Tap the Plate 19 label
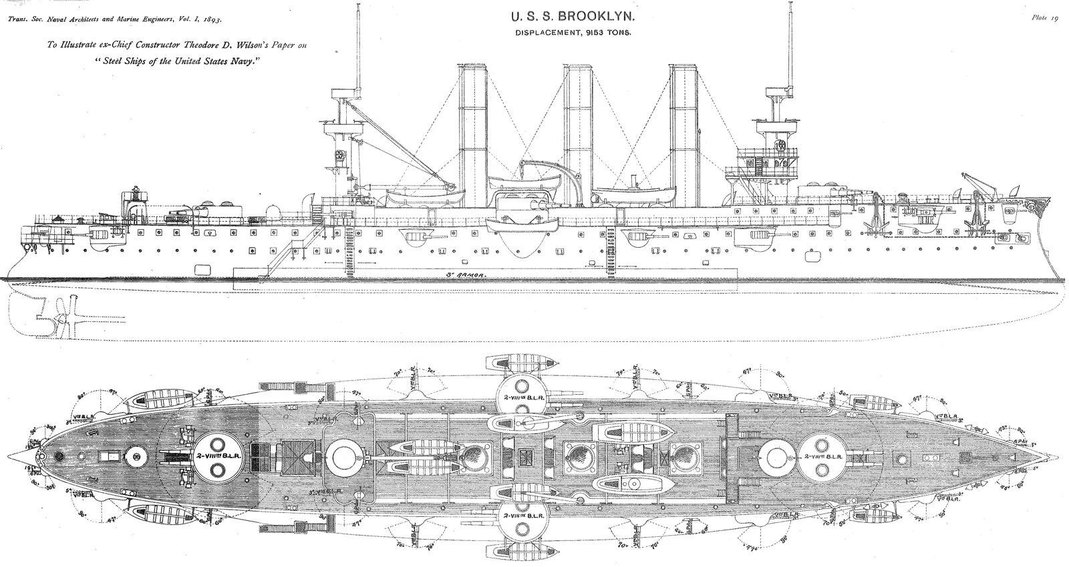(x=1045, y=19)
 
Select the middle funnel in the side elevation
(x=576, y=134)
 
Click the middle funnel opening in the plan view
(x=575, y=457)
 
